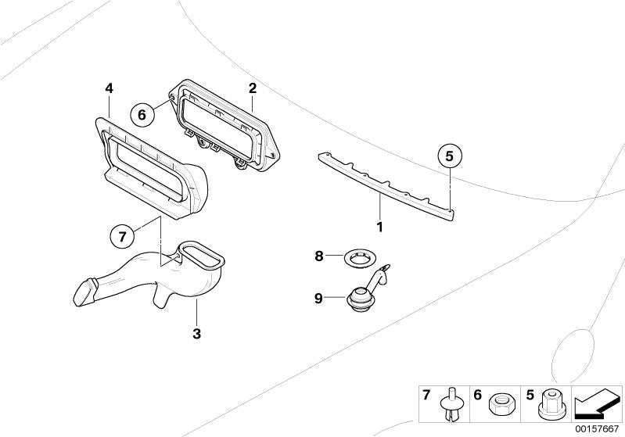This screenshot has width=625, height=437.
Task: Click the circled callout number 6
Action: coord(142,114)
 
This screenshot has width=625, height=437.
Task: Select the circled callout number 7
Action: coord(122,234)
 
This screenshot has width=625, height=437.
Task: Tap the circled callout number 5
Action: coord(449,157)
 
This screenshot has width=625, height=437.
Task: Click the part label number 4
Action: coord(109,89)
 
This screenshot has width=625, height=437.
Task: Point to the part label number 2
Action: coord(253,89)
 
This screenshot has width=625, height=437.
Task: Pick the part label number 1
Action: coord(379,227)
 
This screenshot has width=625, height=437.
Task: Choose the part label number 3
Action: coord(196,335)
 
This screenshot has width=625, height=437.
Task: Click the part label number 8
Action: coord(318,255)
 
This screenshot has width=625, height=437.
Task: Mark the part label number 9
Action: coord(318,297)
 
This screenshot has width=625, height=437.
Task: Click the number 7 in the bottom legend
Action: coord(427,396)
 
